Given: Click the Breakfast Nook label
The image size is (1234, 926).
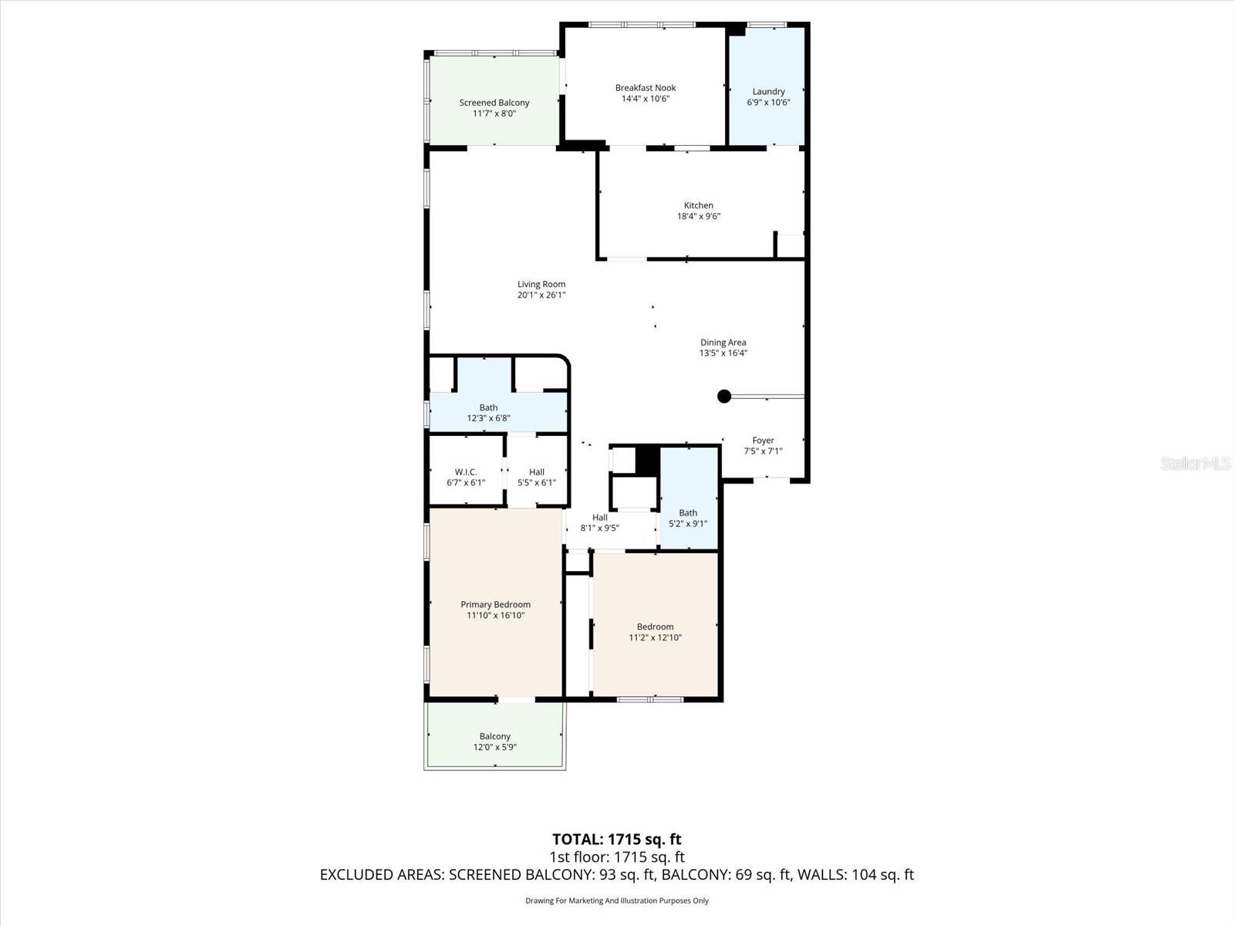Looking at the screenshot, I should (x=645, y=88).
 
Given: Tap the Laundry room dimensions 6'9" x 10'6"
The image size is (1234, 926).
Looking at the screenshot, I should (x=768, y=102).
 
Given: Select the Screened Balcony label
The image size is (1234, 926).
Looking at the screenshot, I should (x=494, y=103).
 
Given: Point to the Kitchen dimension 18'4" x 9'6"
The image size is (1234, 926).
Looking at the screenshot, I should (x=699, y=217).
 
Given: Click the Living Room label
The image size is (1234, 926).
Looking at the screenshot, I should (x=541, y=284).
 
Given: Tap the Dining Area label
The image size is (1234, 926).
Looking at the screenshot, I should (x=723, y=343).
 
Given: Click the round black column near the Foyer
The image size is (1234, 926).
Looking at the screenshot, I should (x=723, y=397).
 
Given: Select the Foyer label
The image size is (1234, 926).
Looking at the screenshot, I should (x=763, y=441).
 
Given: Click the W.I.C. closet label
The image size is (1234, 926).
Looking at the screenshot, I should (x=466, y=472).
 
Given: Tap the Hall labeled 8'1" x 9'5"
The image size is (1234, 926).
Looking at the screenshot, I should (x=599, y=523).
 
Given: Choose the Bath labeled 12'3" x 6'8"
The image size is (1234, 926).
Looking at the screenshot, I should (x=488, y=413).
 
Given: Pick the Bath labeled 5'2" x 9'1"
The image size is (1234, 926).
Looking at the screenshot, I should (x=688, y=518).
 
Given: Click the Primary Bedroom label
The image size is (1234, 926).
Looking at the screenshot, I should (x=495, y=605).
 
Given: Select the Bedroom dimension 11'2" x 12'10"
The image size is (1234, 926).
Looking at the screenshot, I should (x=655, y=637).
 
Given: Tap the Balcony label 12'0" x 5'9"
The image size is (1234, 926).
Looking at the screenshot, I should (x=494, y=742).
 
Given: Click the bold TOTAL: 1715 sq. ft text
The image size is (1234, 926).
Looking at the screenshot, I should (x=616, y=839).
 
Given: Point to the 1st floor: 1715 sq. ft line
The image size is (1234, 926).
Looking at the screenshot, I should (x=616, y=857).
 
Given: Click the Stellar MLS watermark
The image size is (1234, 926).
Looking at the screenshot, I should (x=1195, y=463).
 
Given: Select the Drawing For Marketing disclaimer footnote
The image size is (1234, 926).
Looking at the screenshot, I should (x=616, y=901).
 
